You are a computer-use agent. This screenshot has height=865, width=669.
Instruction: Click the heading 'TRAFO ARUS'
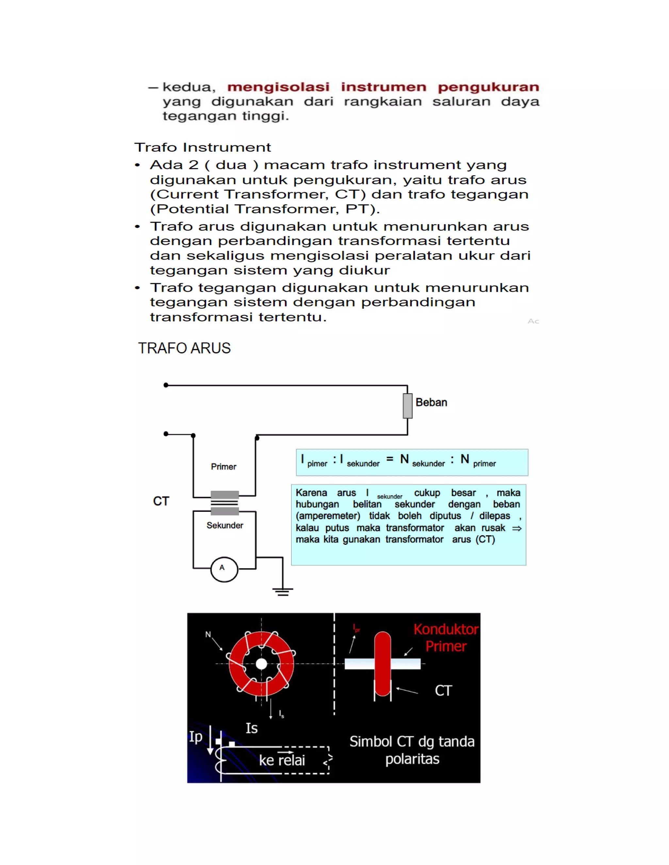(x=184, y=348)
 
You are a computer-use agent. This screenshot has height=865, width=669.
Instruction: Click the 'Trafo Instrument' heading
(x=203, y=147)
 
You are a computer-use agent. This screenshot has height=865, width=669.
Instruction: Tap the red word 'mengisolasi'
(x=278, y=87)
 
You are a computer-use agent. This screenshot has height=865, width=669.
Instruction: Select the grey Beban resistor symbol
(x=407, y=406)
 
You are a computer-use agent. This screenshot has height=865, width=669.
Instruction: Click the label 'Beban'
(x=431, y=402)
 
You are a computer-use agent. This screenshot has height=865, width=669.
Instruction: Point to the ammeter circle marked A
(x=224, y=569)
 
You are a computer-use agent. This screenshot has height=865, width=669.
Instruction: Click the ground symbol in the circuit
(x=283, y=592)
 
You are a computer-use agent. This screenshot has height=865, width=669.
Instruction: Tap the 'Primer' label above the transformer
(x=223, y=466)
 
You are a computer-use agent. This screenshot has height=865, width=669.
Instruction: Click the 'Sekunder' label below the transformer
(x=225, y=525)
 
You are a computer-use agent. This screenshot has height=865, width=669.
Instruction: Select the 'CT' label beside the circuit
(x=161, y=501)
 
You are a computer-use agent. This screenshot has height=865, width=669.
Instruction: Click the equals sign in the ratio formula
(x=390, y=459)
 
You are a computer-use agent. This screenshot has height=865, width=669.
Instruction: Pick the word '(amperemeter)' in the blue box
(x=328, y=516)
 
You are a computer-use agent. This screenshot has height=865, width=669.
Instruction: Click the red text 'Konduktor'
(x=446, y=629)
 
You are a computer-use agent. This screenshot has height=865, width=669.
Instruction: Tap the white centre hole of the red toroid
(x=261, y=664)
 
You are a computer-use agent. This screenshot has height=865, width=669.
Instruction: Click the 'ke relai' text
(x=282, y=760)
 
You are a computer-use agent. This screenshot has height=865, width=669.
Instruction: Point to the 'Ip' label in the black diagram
(x=195, y=737)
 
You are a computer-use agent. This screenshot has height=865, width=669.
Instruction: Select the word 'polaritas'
(x=412, y=759)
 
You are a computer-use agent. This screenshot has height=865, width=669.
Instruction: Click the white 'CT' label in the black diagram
(x=443, y=691)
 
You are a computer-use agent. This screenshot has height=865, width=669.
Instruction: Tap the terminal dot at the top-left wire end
(x=166, y=385)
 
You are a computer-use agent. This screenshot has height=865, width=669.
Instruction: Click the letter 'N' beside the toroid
(x=208, y=635)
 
